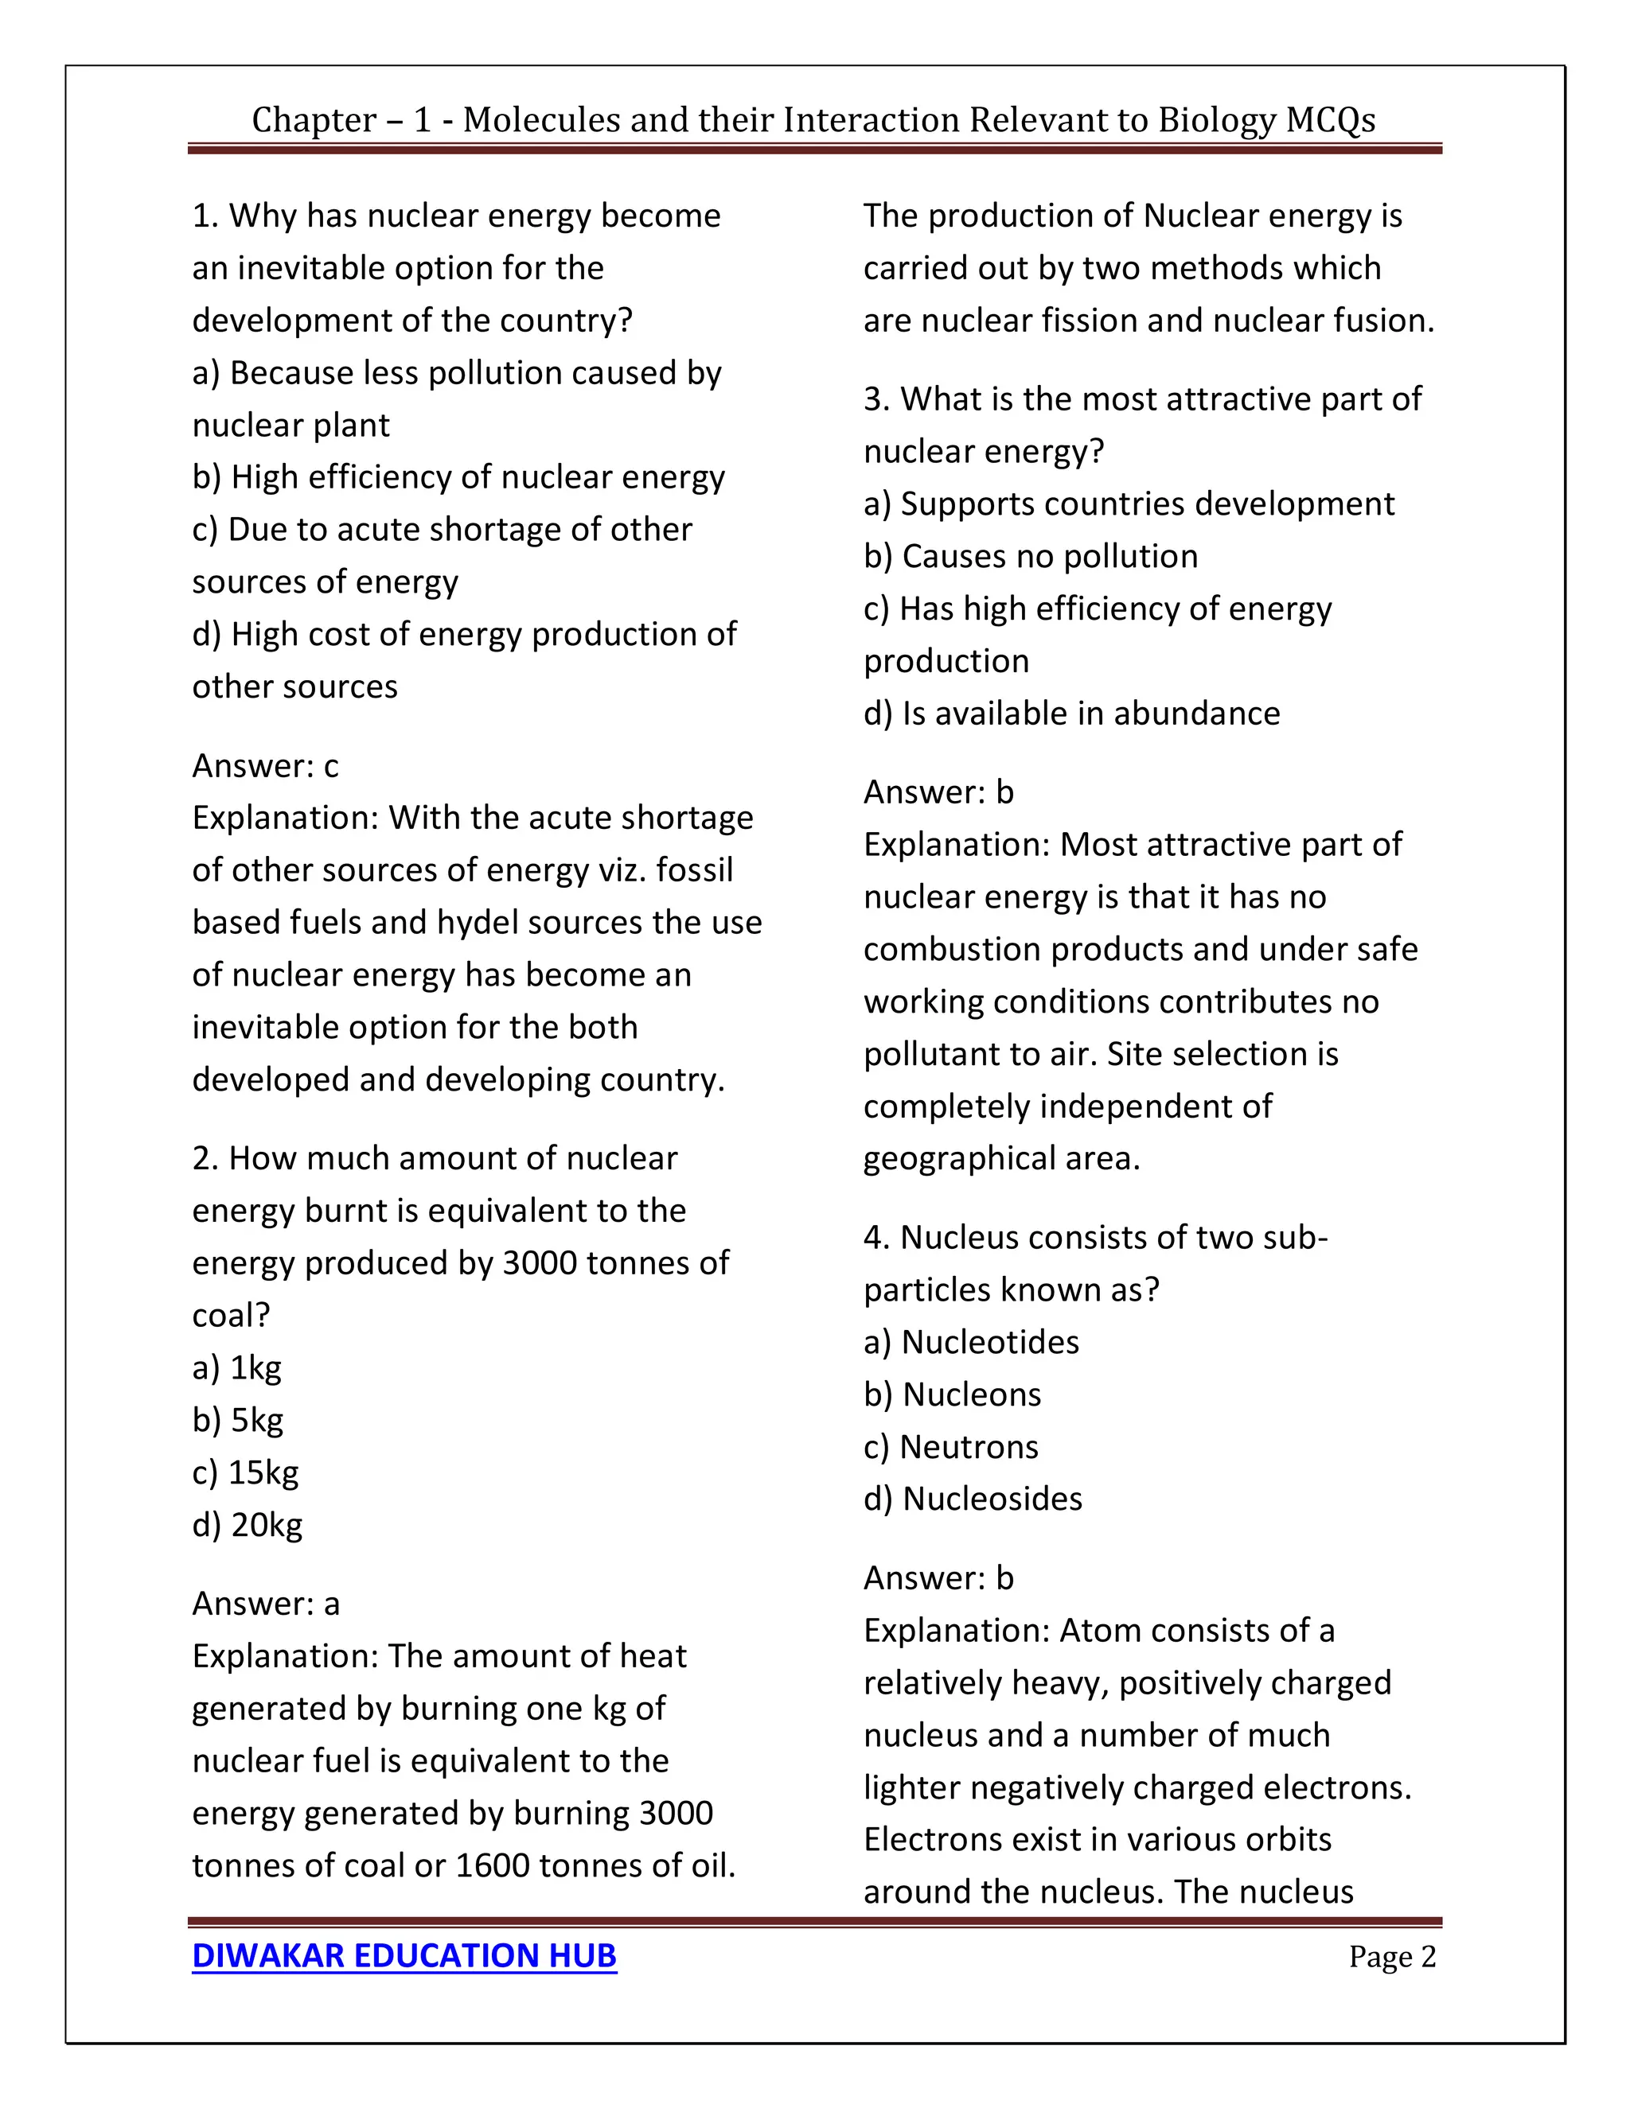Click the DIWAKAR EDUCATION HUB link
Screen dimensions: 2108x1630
pos(404,1955)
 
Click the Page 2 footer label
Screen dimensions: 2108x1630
pos(1391,1957)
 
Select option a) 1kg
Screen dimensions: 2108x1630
pos(236,1367)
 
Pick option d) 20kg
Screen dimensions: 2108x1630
pos(248,1524)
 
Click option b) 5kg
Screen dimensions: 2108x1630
pos(237,1420)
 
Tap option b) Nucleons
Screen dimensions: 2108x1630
pos(952,1394)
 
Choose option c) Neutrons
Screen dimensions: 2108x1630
pos(950,1446)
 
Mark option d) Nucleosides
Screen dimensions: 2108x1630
pos(973,1498)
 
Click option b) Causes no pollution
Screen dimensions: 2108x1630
pos(1031,556)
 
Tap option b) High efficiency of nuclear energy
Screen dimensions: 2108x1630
pos(458,476)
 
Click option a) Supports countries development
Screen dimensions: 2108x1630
pos(1128,504)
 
